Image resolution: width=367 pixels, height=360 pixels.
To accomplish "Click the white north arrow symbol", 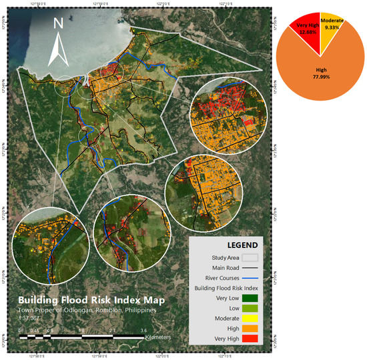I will pyautogui.click(x=59, y=50).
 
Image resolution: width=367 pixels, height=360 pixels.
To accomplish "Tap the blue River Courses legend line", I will pyautogui.click(x=248, y=277).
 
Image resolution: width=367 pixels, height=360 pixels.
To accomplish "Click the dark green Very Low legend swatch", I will pyautogui.click(x=248, y=298).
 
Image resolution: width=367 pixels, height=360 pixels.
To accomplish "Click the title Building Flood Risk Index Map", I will pyautogui.click(x=91, y=300).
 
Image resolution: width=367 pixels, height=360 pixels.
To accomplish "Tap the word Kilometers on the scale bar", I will pyautogui.click(x=157, y=338).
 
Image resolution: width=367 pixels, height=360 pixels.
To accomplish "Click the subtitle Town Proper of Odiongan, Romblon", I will pyautogui.click(x=91, y=311).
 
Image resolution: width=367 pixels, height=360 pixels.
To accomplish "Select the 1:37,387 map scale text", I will pyautogui.click(x=30, y=319).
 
